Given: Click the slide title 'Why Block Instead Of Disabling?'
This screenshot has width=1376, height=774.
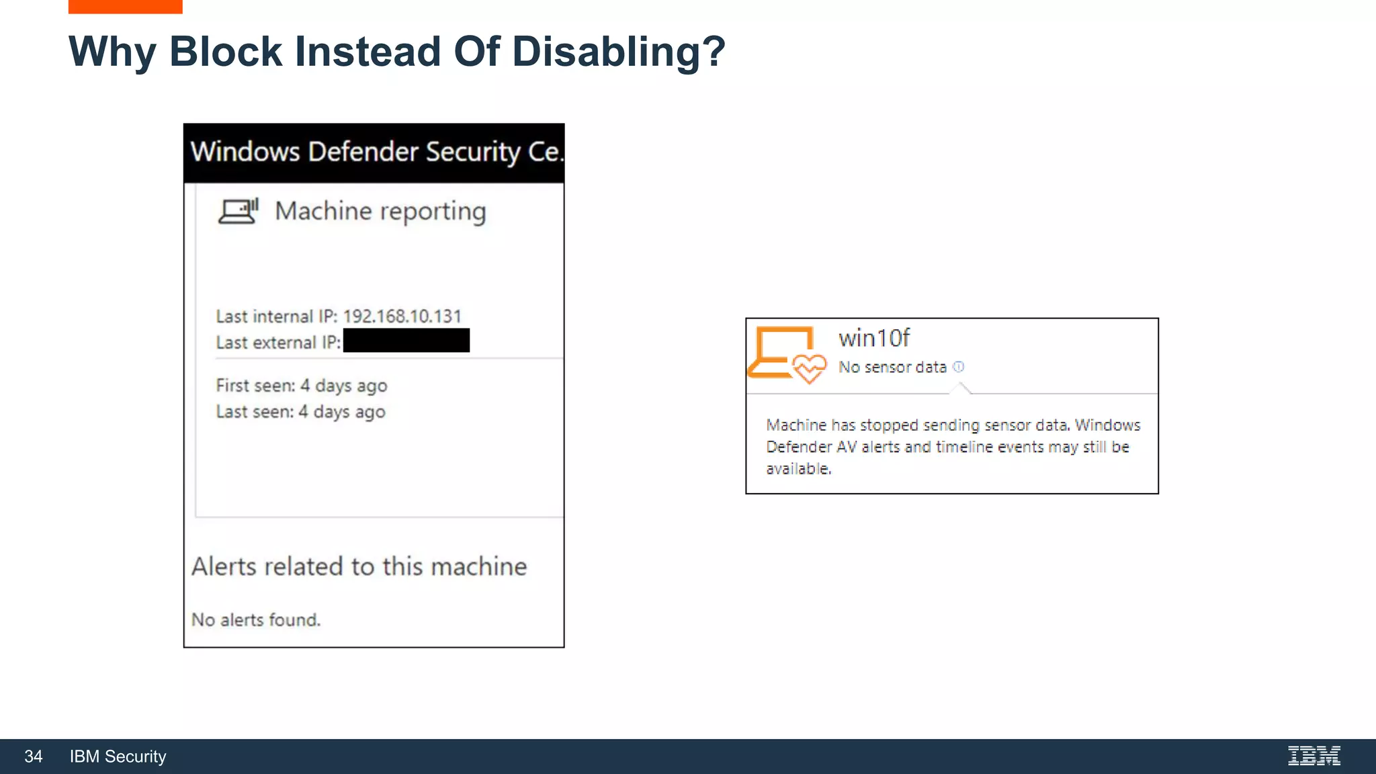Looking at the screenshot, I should pos(397,52).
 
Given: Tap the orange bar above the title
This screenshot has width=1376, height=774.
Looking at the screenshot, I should pos(125,7).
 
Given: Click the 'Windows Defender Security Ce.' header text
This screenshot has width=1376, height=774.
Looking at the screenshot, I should pos(376,152).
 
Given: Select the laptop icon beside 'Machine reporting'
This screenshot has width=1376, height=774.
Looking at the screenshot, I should pos(238,211).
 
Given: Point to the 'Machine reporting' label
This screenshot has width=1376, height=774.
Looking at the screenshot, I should pos(380,212).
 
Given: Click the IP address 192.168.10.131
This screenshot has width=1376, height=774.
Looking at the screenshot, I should pos(402,316).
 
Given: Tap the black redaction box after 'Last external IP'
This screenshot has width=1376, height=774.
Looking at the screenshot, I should pos(406,341).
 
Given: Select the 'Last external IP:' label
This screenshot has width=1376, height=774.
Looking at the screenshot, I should pos(278,343).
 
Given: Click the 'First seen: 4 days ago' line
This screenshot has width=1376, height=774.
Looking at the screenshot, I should pos(302,386).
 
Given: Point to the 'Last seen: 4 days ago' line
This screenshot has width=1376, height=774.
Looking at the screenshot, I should pos(300,412).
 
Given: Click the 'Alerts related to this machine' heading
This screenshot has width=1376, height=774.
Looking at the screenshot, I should pos(359,566).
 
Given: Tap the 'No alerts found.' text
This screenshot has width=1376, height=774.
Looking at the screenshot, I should pos(256,619).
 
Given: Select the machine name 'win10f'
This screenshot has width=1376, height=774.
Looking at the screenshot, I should pos(874,338).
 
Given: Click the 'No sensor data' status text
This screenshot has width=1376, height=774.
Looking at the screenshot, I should pos(892,368).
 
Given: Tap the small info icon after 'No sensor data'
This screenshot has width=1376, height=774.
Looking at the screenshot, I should pos(959,367).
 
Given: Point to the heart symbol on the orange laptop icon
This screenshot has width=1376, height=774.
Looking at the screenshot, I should pos(810,368).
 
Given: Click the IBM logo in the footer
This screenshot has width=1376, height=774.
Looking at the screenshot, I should pos(1314,756).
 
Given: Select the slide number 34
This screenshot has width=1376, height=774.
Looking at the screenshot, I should pos(34,757).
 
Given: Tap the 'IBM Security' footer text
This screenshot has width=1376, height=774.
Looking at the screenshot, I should pos(118,757).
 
